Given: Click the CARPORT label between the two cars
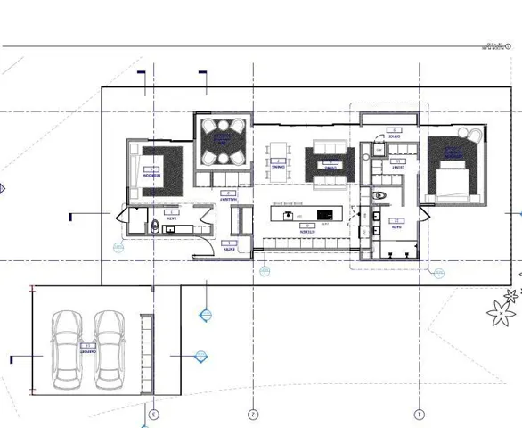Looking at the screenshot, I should tap(86, 350).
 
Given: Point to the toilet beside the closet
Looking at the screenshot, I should tap(380, 194).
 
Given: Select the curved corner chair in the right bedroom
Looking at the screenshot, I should tap(472, 135).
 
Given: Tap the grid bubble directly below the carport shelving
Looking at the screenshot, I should tap(153, 415).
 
